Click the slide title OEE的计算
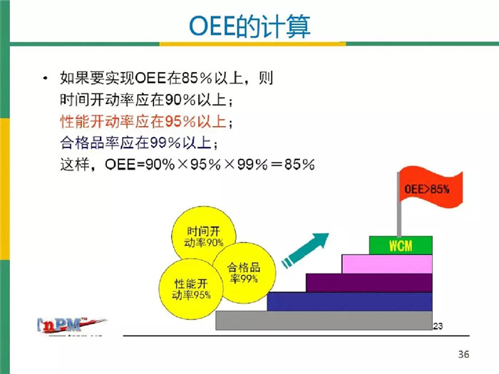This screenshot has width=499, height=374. coord(249,26)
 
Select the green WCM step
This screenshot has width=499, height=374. coord(401,245)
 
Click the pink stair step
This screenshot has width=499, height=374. coord(387,264)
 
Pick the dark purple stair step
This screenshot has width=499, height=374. coord(369,283)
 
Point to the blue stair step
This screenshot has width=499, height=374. coord(349,301)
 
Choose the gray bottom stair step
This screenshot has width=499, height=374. coord(324,321)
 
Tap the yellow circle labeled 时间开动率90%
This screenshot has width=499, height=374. coord(204,236)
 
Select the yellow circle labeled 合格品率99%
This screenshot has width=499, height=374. coord(244,272)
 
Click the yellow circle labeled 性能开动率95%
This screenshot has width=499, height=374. coord(191,289)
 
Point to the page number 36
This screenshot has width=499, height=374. coord(463,354)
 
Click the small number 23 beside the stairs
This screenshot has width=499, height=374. coord(438,326)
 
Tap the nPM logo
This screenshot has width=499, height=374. coord(71,326)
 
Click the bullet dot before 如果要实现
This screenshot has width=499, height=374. coord(46,78)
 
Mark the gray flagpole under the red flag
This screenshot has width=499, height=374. coord(399,204)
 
